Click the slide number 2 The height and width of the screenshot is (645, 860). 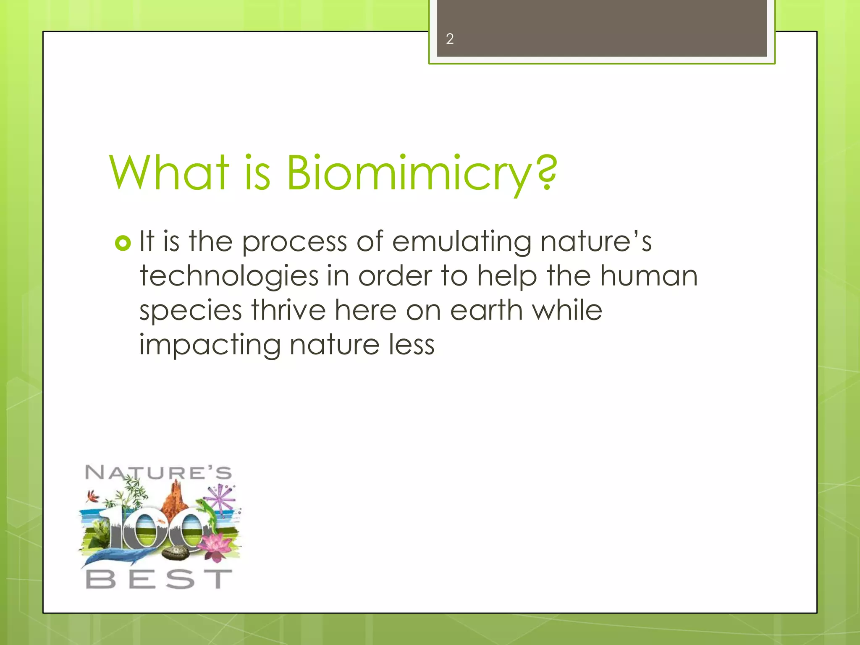click(450, 39)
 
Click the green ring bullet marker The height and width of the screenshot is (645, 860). click(123, 243)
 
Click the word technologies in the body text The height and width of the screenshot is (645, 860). click(229, 277)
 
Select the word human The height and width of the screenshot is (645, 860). click(649, 277)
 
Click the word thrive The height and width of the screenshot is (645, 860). click(288, 311)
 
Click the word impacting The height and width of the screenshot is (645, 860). click(210, 346)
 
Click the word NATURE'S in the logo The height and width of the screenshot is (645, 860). click(158, 473)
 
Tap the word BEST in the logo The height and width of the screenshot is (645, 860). click(159, 579)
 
